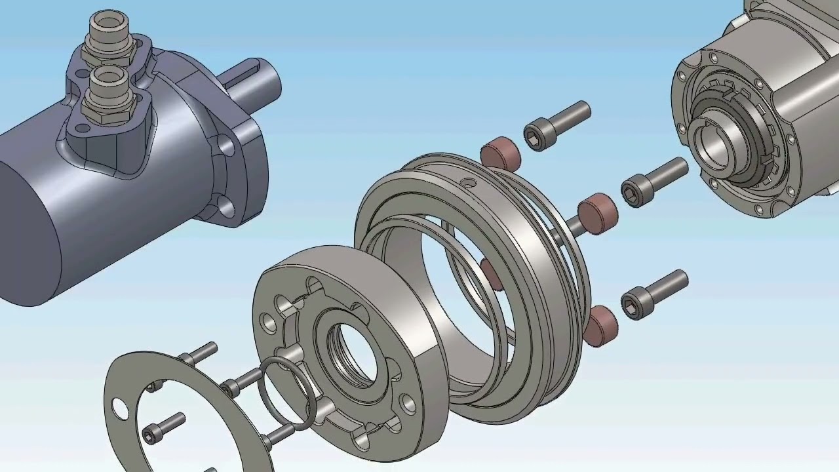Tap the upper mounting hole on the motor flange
(x=226, y=146)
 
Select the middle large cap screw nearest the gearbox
(x=653, y=182)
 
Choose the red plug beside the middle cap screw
(x=598, y=212)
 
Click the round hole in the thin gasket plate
(x=121, y=408)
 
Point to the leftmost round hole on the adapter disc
(x=267, y=321)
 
